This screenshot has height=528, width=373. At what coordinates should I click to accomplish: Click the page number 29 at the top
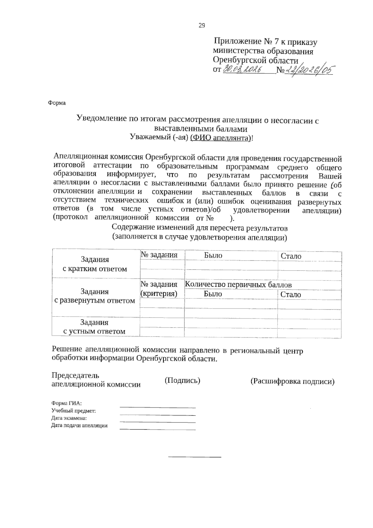tap(202, 26)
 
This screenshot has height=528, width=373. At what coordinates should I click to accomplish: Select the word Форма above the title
tap(57, 103)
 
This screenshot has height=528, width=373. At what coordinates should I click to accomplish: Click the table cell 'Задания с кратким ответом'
tap(95, 264)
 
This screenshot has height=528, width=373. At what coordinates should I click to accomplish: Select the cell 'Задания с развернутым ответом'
tap(95, 296)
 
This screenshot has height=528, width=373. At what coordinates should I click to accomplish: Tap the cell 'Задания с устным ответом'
tap(94, 327)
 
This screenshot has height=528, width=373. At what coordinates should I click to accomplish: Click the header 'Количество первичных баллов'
tap(238, 285)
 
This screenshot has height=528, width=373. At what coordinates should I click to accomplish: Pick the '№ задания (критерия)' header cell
tap(159, 289)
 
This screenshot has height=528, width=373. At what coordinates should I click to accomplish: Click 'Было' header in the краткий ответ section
tap(213, 255)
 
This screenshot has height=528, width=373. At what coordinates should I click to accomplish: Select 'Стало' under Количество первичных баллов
tap(291, 295)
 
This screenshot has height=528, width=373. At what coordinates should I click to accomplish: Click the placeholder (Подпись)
tap(182, 380)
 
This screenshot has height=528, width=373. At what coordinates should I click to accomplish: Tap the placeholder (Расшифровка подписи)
tap(292, 381)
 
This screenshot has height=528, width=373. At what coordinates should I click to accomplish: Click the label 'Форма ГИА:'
tap(67, 403)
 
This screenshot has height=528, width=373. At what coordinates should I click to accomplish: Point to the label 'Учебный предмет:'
tap(73, 411)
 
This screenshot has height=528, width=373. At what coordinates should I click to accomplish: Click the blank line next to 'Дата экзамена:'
tap(158, 422)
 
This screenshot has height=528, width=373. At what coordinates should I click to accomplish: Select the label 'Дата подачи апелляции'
tap(79, 425)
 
